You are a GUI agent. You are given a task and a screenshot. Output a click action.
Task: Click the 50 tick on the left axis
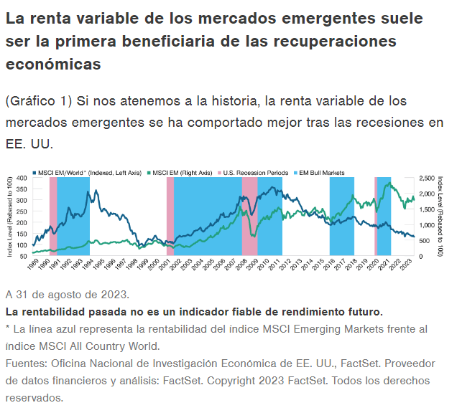pyautogui.click(x=23, y=256)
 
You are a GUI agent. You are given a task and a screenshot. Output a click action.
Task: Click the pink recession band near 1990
pyautogui.click(x=53, y=215)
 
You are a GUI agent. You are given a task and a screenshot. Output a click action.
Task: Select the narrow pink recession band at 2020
pyautogui.click(x=376, y=215)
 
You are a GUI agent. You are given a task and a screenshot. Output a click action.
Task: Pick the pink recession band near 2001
pyautogui.click(x=170, y=215)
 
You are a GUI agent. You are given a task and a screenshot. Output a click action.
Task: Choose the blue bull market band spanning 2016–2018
pyautogui.click(x=342, y=215)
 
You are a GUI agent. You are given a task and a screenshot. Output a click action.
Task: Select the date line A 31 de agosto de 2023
pyautogui.click(x=68, y=295)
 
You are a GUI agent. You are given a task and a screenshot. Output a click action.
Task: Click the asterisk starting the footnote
pyautogui.click(x=8, y=328)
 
